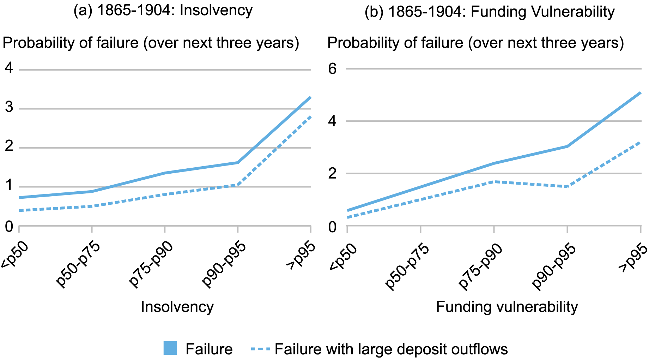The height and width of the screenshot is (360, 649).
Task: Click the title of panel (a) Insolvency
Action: (x=163, y=11)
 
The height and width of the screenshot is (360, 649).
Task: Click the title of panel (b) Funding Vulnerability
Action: (x=490, y=12)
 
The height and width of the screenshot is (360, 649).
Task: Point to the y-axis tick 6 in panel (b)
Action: (x=332, y=69)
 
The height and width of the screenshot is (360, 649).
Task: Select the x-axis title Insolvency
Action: (x=177, y=307)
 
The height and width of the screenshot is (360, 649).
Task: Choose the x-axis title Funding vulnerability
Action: (x=507, y=307)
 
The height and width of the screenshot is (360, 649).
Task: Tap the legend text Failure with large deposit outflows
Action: (x=391, y=349)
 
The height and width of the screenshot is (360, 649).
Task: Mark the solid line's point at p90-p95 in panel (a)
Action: (x=238, y=163)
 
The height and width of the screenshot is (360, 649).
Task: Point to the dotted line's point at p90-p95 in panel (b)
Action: (x=567, y=187)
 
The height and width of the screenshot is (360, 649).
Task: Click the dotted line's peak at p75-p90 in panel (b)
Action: (x=494, y=182)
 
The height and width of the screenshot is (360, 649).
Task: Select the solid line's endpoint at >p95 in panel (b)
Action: (x=640, y=93)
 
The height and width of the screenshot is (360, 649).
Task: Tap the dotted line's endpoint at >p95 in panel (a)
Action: (x=310, y=116)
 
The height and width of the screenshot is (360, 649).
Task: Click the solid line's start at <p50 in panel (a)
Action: (x=19, y=198)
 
